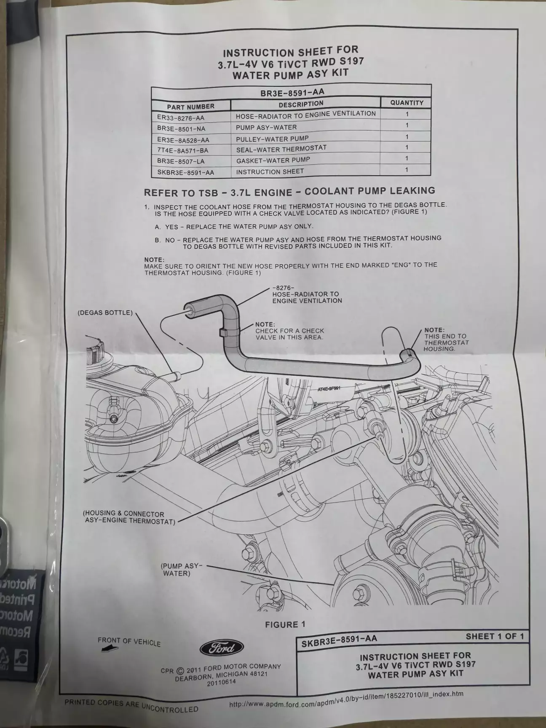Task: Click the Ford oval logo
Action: (x=221, y=648)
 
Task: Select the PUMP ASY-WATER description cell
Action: (x=266, y=127)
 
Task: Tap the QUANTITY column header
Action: (x=407, y=102)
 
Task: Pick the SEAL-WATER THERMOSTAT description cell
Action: (x=281, y=149)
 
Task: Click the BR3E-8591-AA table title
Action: (x=292, y=92)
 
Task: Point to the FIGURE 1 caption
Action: (x=285, y=624)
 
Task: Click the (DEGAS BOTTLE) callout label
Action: (x=105, y=313)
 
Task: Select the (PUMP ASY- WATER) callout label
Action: (x=182, y=570)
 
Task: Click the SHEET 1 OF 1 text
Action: (x=495, y=636)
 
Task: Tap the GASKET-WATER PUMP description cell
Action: (x=273, y=160)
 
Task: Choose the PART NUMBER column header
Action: (x=190, y=107)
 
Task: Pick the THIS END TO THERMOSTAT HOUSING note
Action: (x=445, y=339)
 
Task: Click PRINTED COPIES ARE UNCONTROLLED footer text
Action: (x=131, y=706)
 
